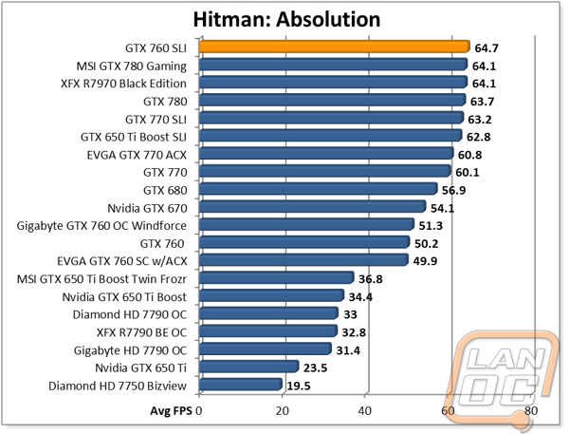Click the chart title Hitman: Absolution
point(285,18)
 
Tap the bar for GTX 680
point(319,188)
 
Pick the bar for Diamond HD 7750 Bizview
point(241,384)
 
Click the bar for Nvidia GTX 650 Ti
point(249,367)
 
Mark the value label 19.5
point(301,385)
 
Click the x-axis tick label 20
point(282,410)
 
